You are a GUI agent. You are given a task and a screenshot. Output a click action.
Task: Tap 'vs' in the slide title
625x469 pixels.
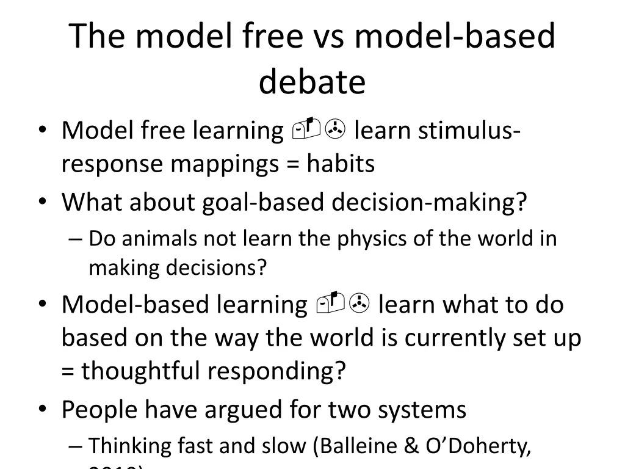[325, 36]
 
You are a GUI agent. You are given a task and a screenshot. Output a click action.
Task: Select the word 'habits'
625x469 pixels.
[341, 164]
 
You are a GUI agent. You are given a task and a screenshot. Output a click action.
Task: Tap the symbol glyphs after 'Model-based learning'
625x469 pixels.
[341, 304]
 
